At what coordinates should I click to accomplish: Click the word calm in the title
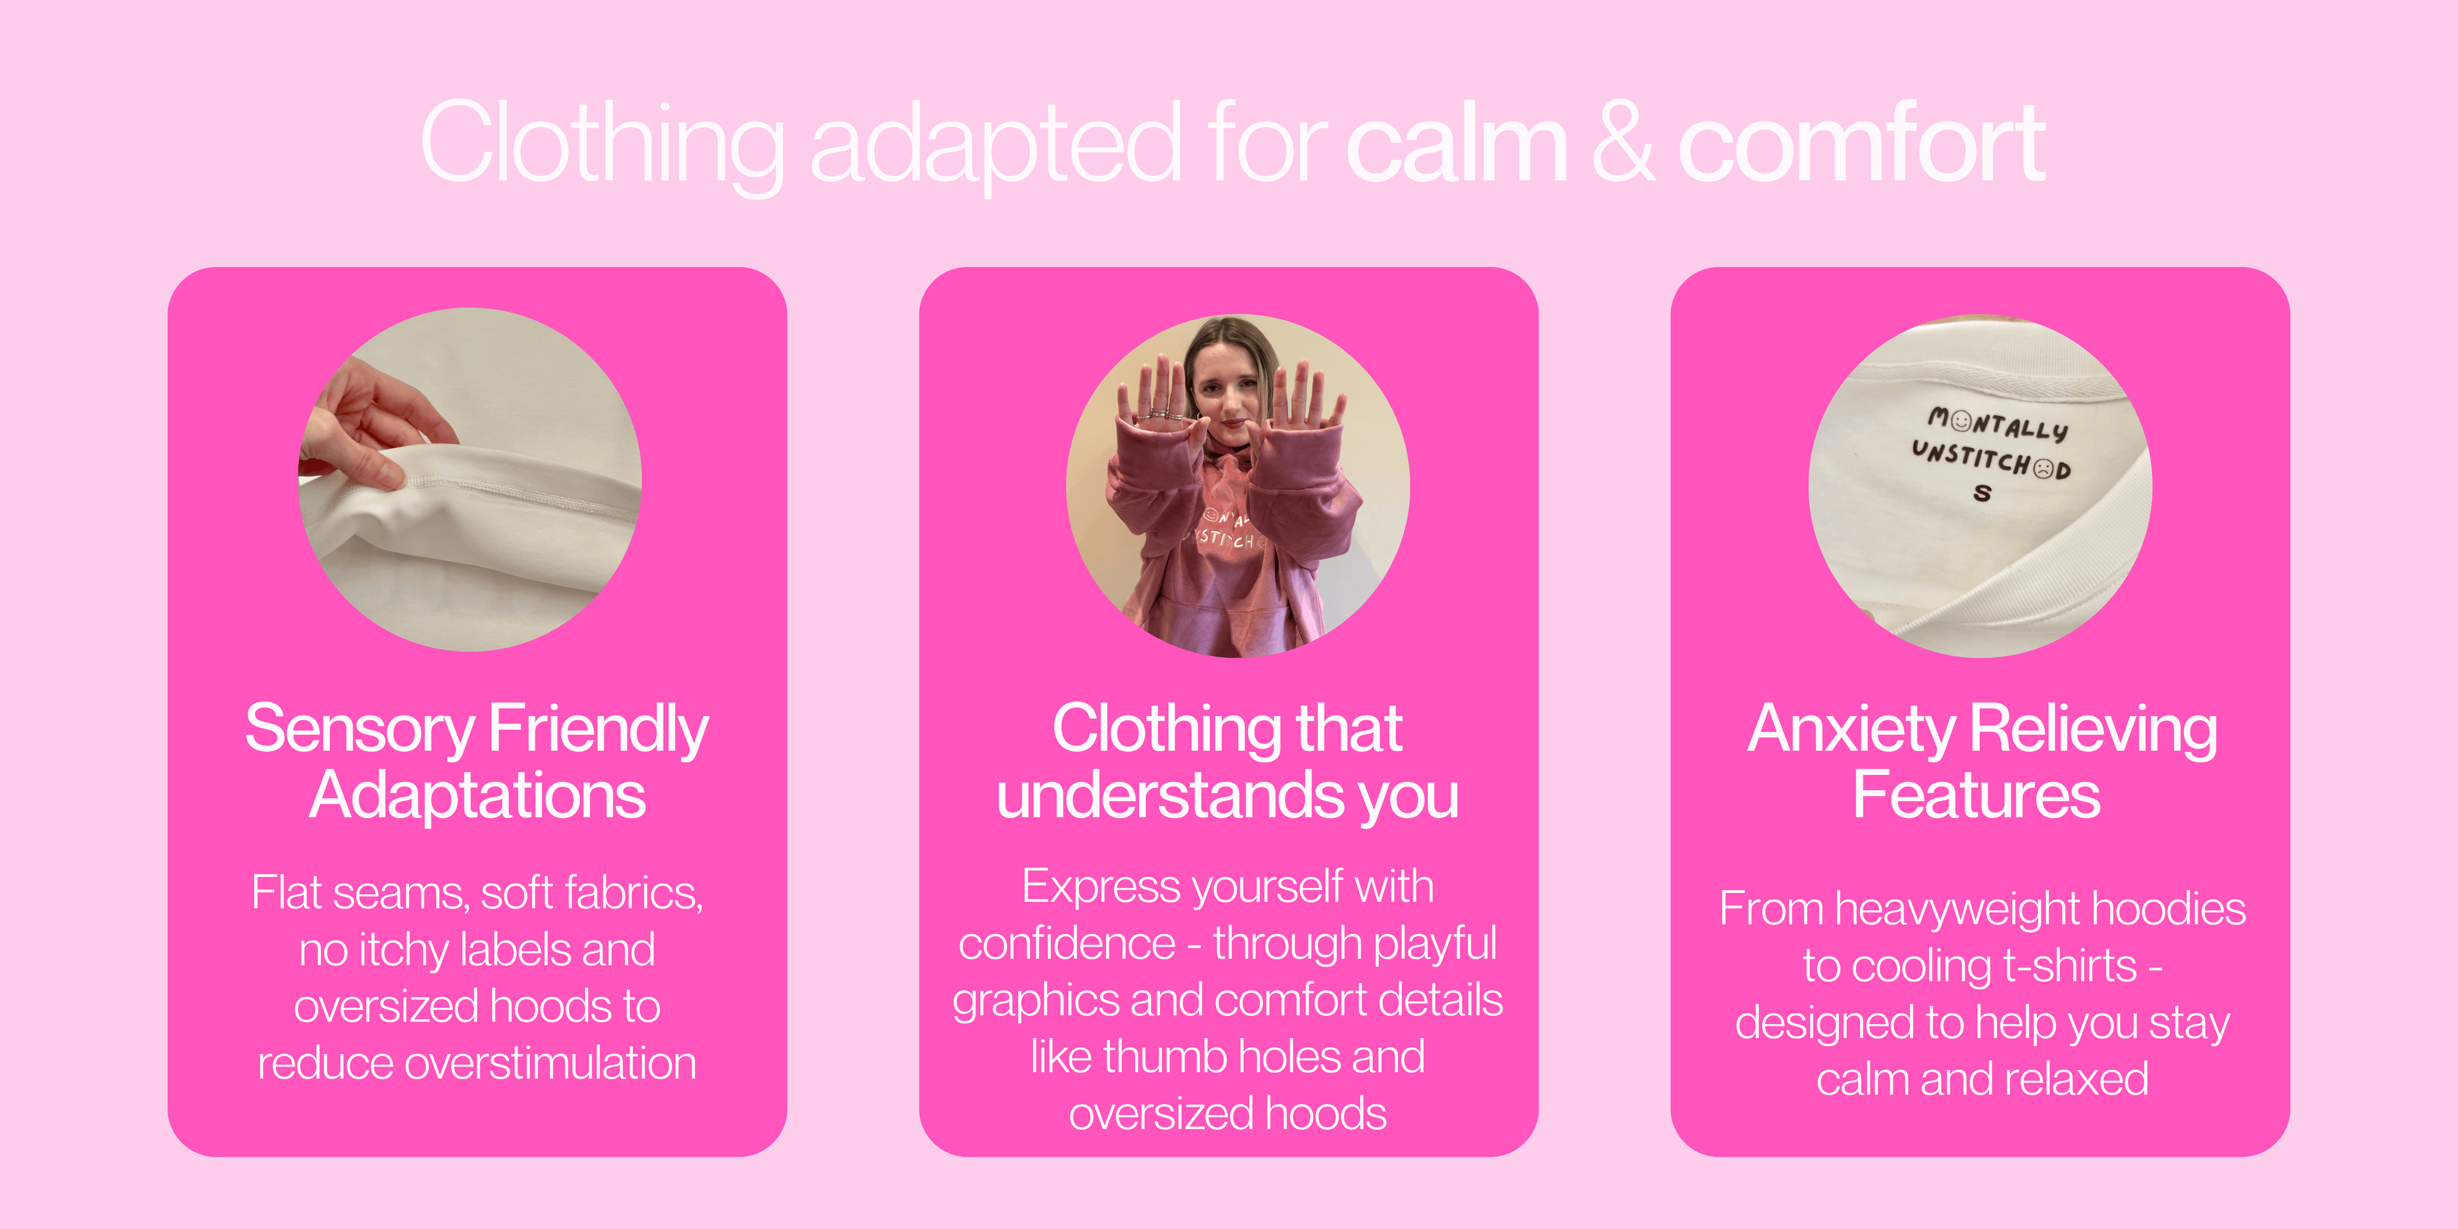(1457, 143)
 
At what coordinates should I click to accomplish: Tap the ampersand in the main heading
(1622, 143)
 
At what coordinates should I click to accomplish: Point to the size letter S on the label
(1983, 492)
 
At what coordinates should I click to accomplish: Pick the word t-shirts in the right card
(2069, 966)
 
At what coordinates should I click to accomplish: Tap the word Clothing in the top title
(601, 143)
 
